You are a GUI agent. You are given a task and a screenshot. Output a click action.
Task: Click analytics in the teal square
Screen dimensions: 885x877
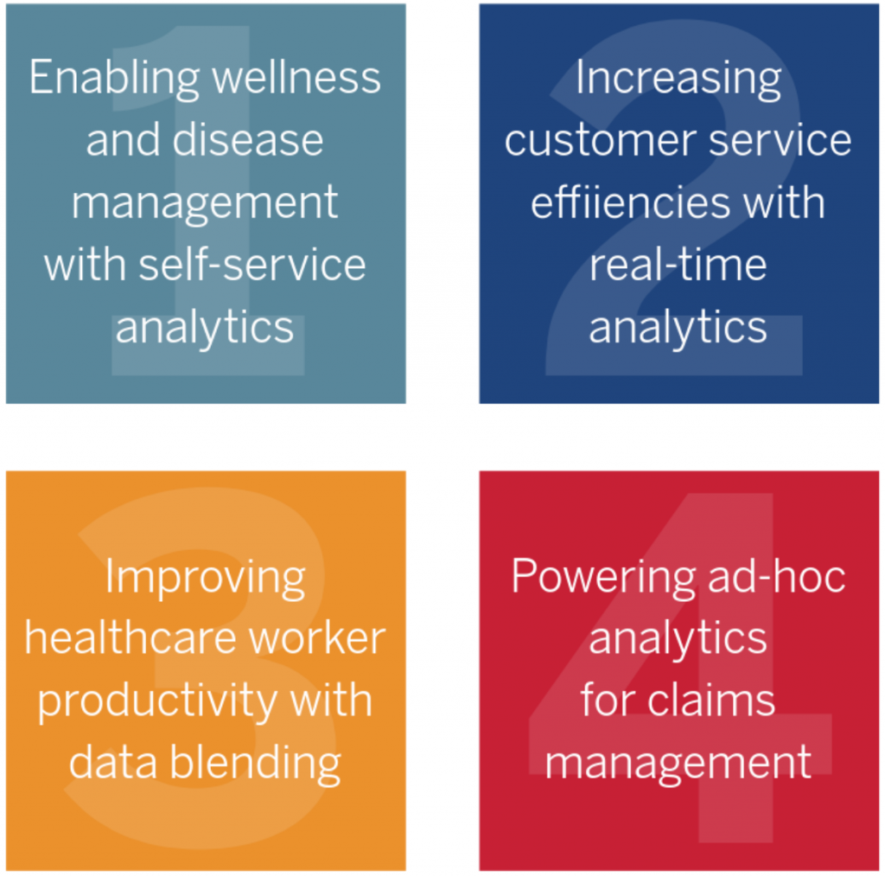click(205, 330)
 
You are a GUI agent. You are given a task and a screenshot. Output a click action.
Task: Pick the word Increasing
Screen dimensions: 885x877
click(678, 80)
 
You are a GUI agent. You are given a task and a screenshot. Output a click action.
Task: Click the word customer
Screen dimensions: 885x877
click(601, 141)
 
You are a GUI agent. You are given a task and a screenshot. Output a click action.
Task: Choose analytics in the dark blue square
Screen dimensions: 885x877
click(678, 330)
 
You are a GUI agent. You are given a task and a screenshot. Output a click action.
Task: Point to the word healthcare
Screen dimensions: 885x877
click(131, 638)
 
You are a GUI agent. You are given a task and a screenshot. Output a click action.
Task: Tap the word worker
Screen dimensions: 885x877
click(317, 638)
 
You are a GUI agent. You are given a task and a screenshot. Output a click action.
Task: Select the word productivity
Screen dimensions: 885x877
click(157, 702)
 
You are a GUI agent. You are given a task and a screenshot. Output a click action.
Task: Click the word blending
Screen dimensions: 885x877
click(256, 765)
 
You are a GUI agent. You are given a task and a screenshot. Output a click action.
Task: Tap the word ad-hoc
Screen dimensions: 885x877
click(777, 576)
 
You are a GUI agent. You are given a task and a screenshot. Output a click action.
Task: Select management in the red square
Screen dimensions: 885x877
click(678, 765)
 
